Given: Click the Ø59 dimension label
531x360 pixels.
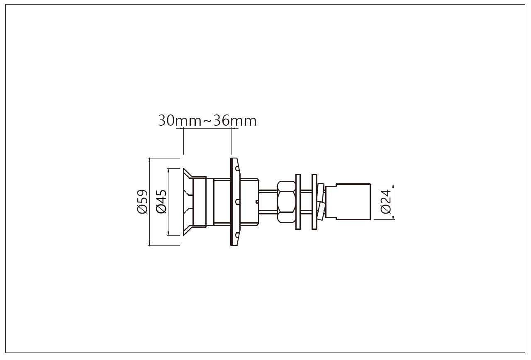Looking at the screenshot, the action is (x=142, y=202).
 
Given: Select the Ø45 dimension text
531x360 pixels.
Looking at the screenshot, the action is (x=161, y=202).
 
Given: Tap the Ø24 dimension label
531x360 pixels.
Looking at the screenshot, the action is (x=385, y=202).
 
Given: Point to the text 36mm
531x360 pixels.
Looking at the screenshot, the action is (x=235, y=121).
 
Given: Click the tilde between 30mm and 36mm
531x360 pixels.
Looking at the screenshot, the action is (x=207, y=122).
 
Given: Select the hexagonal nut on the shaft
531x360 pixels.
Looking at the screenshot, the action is (x=286, y=202).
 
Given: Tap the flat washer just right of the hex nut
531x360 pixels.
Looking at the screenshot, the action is (x=298, y=202).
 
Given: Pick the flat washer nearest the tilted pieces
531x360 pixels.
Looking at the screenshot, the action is (x=314, y=202).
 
